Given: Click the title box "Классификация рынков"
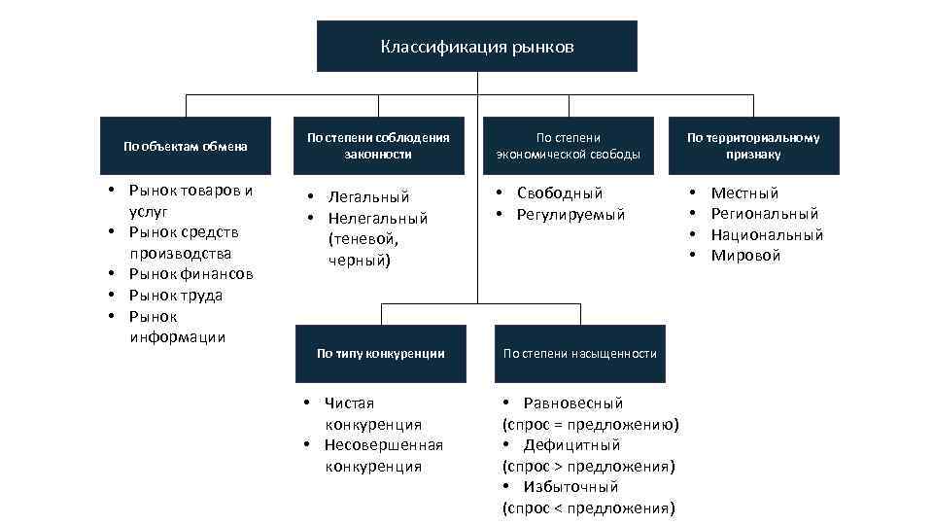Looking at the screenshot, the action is [x=476, y=47].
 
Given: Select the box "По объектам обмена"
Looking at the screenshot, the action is [x=185, y=146].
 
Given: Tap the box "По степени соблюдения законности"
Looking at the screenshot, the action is [x=378, y=146].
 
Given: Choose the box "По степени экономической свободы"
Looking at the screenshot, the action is [x=568, y=146].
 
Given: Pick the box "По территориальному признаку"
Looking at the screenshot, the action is [x=753, y=146].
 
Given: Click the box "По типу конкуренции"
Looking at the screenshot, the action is [x=380, y=353].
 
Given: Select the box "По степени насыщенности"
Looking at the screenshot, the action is [x=580, y=353].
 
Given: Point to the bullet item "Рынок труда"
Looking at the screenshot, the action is [x=176, y=296].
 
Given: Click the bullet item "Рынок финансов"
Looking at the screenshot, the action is [x=190, y=274].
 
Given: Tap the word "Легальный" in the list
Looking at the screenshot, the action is [x=368, y=197].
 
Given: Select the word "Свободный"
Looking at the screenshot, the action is [x=560, y=193].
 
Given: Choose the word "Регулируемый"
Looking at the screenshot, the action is [x=570, y=215].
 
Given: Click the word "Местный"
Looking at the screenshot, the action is [x=744, y=193].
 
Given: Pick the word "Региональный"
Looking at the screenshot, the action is [x=765, y=214].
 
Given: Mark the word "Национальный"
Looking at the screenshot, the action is [x=767, y=235].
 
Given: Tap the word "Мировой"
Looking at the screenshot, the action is [x=745, y=256].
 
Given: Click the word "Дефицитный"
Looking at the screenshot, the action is [x=571, y=445].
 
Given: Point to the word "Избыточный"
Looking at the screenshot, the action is [x=570, y=487].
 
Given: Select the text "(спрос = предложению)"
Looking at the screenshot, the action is [x=590, y=425].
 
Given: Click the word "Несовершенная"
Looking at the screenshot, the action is [x=384, y=445].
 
